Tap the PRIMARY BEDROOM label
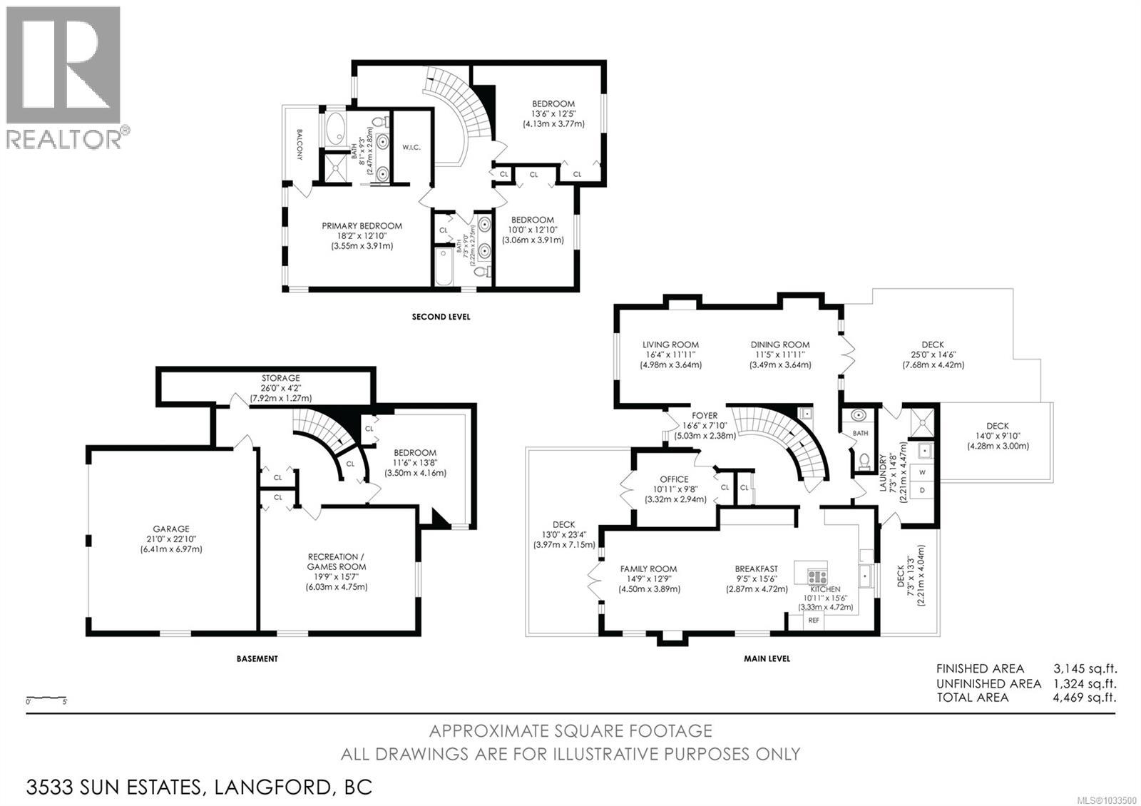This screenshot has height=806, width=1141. (362, 225)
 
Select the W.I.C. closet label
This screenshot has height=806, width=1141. (411, 147)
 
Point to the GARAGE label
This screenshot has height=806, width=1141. (171, 529)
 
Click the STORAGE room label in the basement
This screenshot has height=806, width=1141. (281, 378)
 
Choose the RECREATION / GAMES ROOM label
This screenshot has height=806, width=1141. (336, 561)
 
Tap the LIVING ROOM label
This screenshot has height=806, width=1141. (670, 345)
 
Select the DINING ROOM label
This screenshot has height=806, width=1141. (780, 345)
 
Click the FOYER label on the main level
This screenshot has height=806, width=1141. (705, 416)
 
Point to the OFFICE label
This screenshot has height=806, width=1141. (674, 479)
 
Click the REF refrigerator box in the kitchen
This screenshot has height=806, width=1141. (814, 621)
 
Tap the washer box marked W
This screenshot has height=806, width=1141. (923, 472)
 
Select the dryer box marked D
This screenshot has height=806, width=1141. (923, 491)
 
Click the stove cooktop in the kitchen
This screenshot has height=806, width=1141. (817, 577)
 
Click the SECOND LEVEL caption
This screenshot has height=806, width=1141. (441, 317)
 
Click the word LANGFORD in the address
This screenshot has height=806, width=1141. (271, 787)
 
